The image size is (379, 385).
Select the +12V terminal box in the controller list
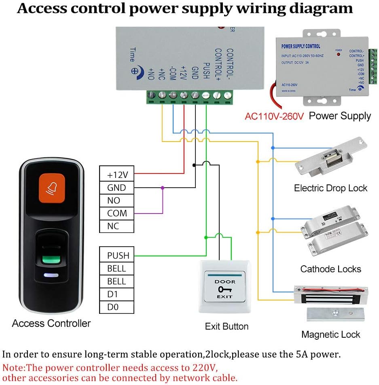pyautogui.click(x=116, y=175)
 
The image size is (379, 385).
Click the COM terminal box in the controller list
pyautogui.click(x=116, y=213)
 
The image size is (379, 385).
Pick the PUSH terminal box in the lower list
pyautogui.click(x=116, y=256)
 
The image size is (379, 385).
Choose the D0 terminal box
pyautogui.click(x=116, y=307)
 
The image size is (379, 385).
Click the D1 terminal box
pyautogui.click(x=116, y=294)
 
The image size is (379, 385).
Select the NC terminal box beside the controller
pyautogui.click(x=116, y=226)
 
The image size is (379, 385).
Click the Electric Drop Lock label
pyautogui.click(x=330, y=188)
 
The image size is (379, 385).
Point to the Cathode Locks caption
pyautogui.click(x=330, y=269)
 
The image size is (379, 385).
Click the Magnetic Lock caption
pyautogui.click(x=330, y=334)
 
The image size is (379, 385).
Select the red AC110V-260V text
pyautogui.click(x=274, y=116)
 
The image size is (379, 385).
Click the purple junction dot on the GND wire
pyautogui.click(x=163, y=188)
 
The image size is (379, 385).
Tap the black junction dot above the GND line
pyautogui.click(x=195, y=165)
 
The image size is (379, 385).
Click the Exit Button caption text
pyautogui.click(x=227, y=326)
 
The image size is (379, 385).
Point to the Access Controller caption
pyautogui.click(x=51, y=324)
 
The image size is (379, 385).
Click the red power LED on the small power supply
pyautogui.click(x=339, y=54)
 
